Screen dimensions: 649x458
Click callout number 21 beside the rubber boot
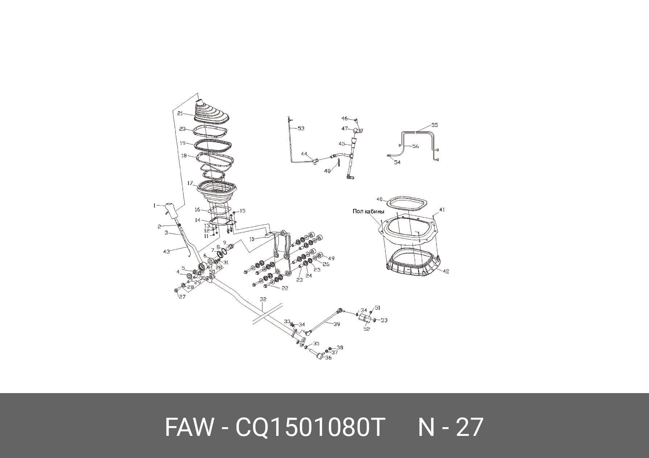pos(180,114)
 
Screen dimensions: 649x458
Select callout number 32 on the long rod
pos(263,300)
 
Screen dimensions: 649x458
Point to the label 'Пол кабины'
pos(368,211)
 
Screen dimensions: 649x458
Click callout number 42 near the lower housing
pos(446,271)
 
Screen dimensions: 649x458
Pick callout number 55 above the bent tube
pos(435,125)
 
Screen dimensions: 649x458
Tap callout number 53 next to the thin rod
pos(301,128)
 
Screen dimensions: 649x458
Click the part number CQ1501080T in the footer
pos(310,427)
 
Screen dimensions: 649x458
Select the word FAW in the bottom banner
pos(188,427)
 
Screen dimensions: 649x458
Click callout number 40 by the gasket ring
pos(380,199)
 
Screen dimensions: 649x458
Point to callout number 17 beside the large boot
pos(190,183)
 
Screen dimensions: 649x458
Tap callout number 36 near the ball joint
pos(328,358)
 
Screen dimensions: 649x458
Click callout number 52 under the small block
pos(367,329)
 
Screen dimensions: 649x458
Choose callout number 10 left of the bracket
pos(252,239)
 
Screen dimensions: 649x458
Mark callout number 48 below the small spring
pos(327,171)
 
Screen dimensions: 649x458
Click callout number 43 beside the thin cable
pos(166,251)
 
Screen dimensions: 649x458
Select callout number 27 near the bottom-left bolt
pos(182,297)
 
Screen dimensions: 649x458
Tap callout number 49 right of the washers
pos(331,259)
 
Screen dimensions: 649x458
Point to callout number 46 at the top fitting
pos(344,119)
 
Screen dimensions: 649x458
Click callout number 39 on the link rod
pos(337,324)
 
